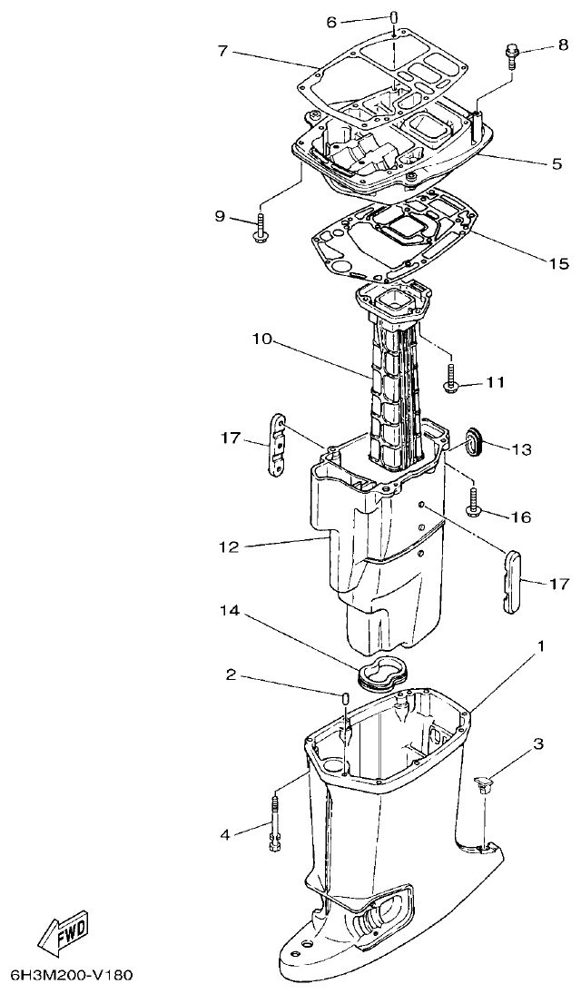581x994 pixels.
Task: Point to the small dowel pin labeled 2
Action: tap(346, 698)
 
